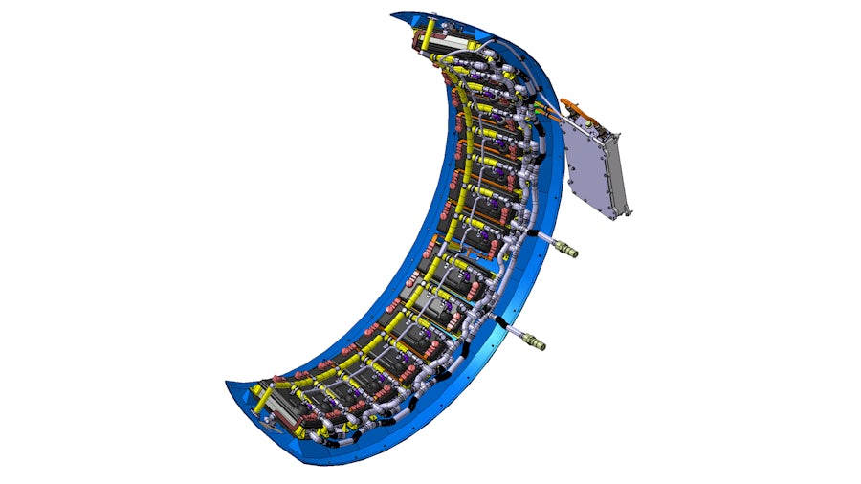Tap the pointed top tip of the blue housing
click(394, 14)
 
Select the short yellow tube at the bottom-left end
click(259, 391)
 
